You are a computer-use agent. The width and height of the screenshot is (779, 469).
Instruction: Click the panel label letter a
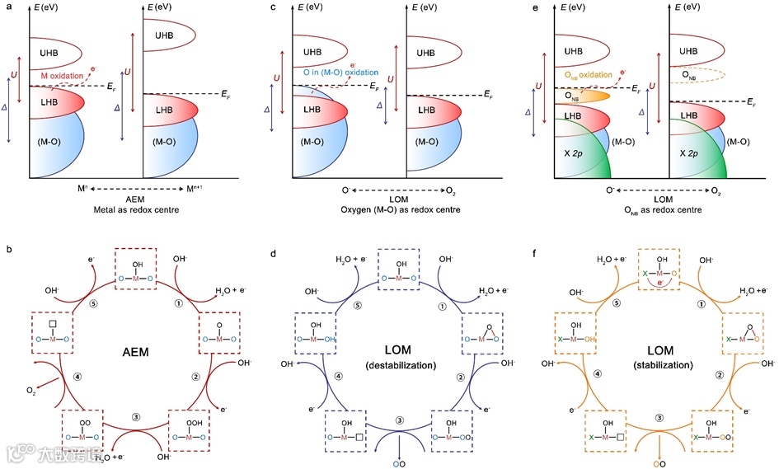(7, 8)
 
